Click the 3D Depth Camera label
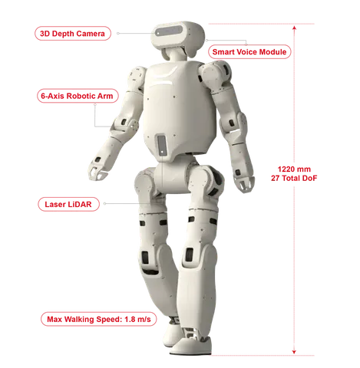click(x=73, y=34)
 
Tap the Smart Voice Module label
click(x=249, y=52)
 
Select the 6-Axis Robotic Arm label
click(x=78, y=96)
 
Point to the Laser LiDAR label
click(x=68, y=204)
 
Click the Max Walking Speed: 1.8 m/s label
click(x=98, y=319)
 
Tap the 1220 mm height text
click(x=294, y=169)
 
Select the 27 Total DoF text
click(x=294, y=178)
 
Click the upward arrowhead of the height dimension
click(x=294, y=28)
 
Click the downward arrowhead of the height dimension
click(x=294, y=352)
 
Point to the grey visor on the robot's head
click(x=169, y=31)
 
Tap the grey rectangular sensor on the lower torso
click(x=162, y=145)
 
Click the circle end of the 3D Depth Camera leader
click(x=118, y=34)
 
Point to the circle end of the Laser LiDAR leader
click(x=104, y=204)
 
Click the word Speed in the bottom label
click(x=108, y=320)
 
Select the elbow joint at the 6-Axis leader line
click(x=126, y=124)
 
